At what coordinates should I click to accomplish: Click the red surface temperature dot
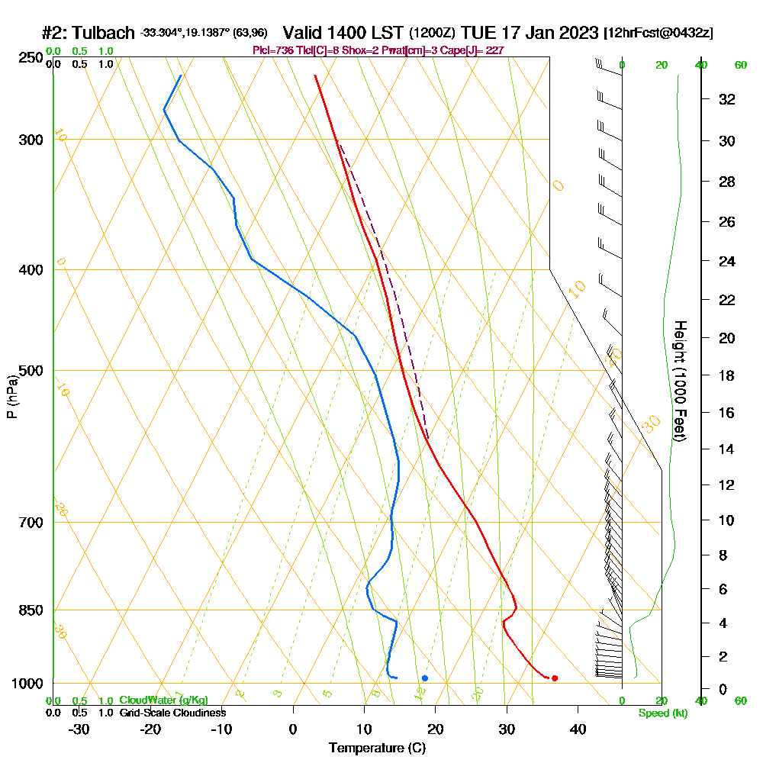click(x=555, y=678)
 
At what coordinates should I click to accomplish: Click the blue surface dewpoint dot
click(x=425, y=678)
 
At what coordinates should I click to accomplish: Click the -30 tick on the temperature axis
click(x=79, y=729)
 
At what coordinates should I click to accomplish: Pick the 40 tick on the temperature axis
click(x=578, y=729)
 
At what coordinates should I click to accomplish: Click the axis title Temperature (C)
click(x=376, y=749)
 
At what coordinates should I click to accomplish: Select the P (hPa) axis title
click(x=11, y=396)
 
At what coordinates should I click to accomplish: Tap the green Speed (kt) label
click(x=662, y=713)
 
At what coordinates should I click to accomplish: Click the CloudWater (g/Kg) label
click(x=163, y=700)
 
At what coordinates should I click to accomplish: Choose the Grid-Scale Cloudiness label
click(x=172, y=713)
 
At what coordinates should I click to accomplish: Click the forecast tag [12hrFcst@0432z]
click(x=658, y=34)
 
